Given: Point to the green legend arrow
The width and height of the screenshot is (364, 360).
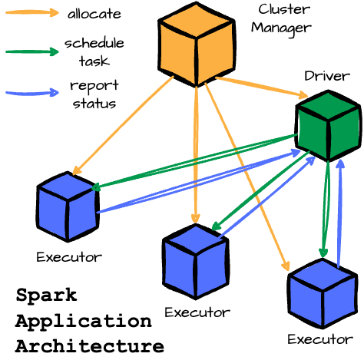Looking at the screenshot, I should [31, 52].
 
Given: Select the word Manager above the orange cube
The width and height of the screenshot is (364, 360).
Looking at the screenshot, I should [285, 28].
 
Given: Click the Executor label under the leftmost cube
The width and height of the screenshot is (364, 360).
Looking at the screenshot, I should [68, 256].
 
